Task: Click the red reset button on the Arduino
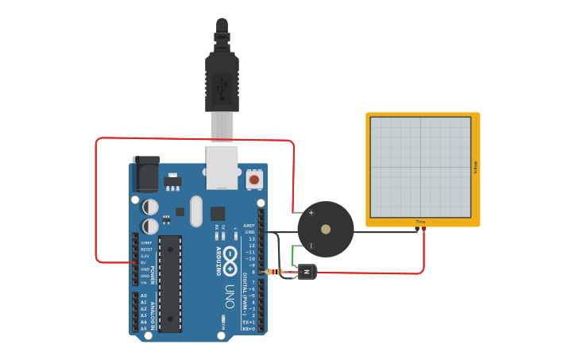click(254, 180)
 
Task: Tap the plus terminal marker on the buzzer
click(311, 212)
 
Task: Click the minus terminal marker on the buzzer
click(311, 246)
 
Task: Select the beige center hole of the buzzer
click(326, 229)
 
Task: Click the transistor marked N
click(307, 273)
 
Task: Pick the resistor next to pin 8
click(275, 272)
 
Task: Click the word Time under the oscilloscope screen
click(420, 222)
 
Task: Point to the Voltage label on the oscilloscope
click(475, 168)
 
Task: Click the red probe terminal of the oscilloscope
click(424, 230)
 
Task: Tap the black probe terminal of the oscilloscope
click(417, 230)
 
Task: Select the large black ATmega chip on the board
click(170, 283)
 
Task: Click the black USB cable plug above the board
click(222, 79)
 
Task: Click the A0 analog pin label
click(144, 296)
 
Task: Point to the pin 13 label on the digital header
click(251, 238)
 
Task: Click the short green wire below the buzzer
click(294, 255)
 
